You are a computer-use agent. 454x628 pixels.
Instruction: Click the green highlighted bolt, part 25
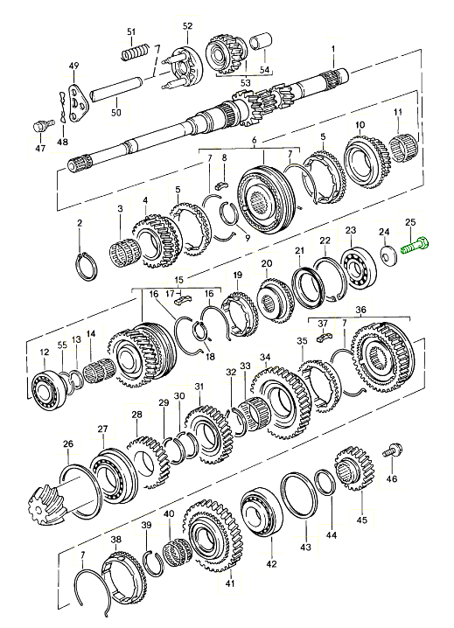point(416,246)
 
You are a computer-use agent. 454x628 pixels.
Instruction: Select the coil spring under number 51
point(135,52)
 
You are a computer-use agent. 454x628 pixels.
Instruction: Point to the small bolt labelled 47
point(41,126)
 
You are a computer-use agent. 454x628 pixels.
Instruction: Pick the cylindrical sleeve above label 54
point(261,43)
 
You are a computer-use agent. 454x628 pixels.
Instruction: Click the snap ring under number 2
point(85,267)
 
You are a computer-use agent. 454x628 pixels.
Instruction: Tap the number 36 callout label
point(360,310)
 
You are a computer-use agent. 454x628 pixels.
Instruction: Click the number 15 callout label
point(179,279)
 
